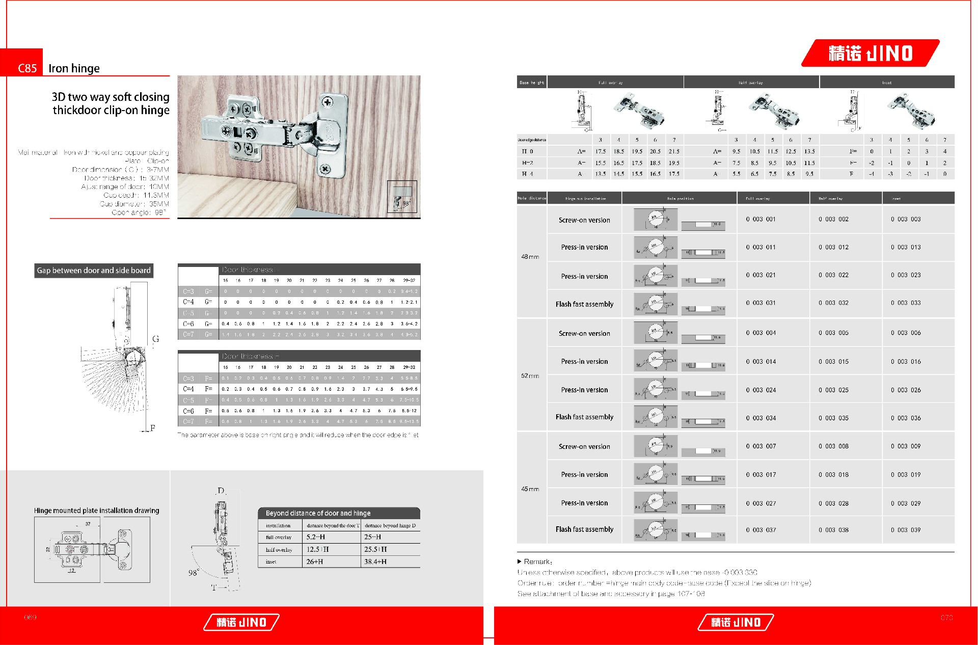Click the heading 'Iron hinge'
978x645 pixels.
(x=74, y=68)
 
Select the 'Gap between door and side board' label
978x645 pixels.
(x=94, y=271)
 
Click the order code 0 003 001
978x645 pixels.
(x=760, y=219)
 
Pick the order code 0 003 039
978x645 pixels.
(x=906, y=530)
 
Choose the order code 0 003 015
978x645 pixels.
(x=833, y=361)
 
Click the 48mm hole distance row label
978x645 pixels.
(x=530, y=257)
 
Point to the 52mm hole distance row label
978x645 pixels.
(x=530, y=376)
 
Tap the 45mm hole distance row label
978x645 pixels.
(x=530, y=489)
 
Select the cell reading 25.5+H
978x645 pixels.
(x=375, y=549)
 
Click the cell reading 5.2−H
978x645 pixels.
(x=316, y=537)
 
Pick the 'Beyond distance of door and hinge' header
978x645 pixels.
(x=318, y=513)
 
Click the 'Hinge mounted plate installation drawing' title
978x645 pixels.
(x=96, y=510)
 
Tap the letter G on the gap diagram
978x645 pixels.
(x=155, y=339)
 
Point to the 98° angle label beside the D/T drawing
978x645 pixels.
(x=194, y=573)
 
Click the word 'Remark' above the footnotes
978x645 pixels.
(x=537, y=561)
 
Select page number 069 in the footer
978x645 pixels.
(x=31, y=617)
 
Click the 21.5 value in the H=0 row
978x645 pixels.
(x=674, y=151)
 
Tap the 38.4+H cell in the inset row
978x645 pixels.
(x=375, y=561)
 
